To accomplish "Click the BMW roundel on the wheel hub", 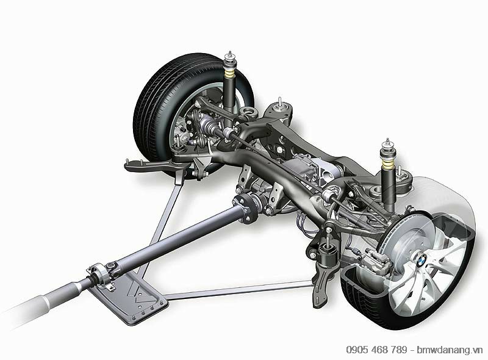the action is tap(421, 259).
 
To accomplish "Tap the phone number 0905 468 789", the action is tap(376, 350).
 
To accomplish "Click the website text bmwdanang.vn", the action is tap(450, 350).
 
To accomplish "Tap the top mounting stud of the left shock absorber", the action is tap(230, 54).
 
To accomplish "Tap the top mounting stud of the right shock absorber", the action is tap(387, 141).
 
